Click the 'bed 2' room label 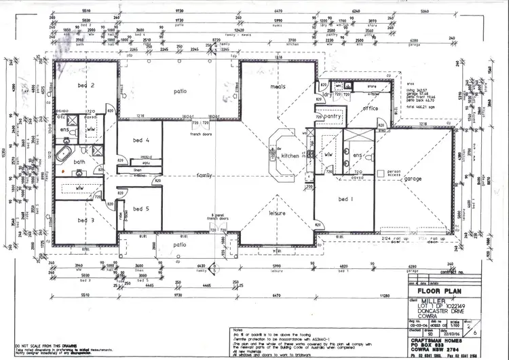87,86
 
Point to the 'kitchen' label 290,155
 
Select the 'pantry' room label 333,117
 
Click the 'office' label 371,108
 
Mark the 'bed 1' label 346,200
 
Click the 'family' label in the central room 204,175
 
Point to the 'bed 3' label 86,220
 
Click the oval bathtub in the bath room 63,154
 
